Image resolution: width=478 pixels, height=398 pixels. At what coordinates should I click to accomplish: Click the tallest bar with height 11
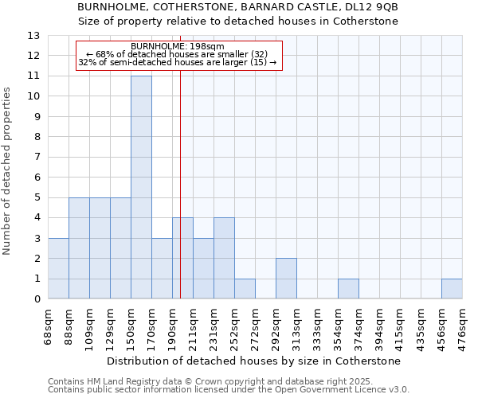(x=141, y=187)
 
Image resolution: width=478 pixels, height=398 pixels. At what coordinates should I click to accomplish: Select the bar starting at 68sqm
(x=58, y=268)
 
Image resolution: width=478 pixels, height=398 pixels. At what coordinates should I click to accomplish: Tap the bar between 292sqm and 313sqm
(x=286, y=279)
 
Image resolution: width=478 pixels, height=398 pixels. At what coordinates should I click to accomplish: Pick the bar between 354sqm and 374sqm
(x=348, y=289)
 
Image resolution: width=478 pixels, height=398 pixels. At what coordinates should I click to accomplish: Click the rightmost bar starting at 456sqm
(x=452, y=289)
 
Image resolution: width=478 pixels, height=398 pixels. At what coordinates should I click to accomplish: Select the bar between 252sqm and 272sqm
(x=245, y=289)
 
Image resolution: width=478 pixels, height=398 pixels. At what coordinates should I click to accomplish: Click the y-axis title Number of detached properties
(x=8, y=171)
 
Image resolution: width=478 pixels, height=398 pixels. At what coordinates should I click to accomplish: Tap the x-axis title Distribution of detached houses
(x=254, y=361)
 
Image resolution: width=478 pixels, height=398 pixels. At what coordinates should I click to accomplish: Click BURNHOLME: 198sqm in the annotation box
(x=178, y=46)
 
